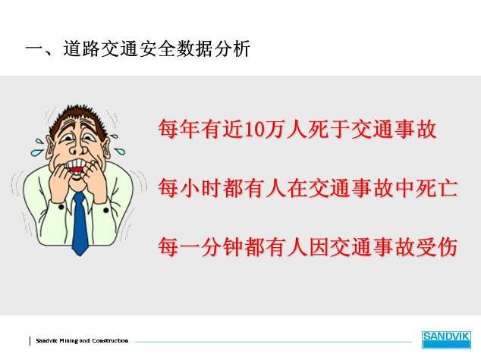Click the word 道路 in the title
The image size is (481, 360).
coord(82,49)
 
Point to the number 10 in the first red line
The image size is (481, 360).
coord(255,130)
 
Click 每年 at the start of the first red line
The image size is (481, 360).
coord(178,129)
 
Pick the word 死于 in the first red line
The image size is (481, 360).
coord(329,129)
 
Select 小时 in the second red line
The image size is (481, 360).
coord(200,187)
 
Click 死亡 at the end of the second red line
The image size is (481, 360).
coord(436,187)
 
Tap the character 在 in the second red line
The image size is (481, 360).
coord(297,187)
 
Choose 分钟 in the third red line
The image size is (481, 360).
coord(222,246)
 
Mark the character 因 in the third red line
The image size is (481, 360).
coord(319,246)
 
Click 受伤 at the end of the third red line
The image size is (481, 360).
coord(436,246)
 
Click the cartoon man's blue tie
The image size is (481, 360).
coord(80,224)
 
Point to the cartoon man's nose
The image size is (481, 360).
coord(76,148)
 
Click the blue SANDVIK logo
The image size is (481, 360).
coord(446,340)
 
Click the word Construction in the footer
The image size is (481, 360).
coord(110,340)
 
